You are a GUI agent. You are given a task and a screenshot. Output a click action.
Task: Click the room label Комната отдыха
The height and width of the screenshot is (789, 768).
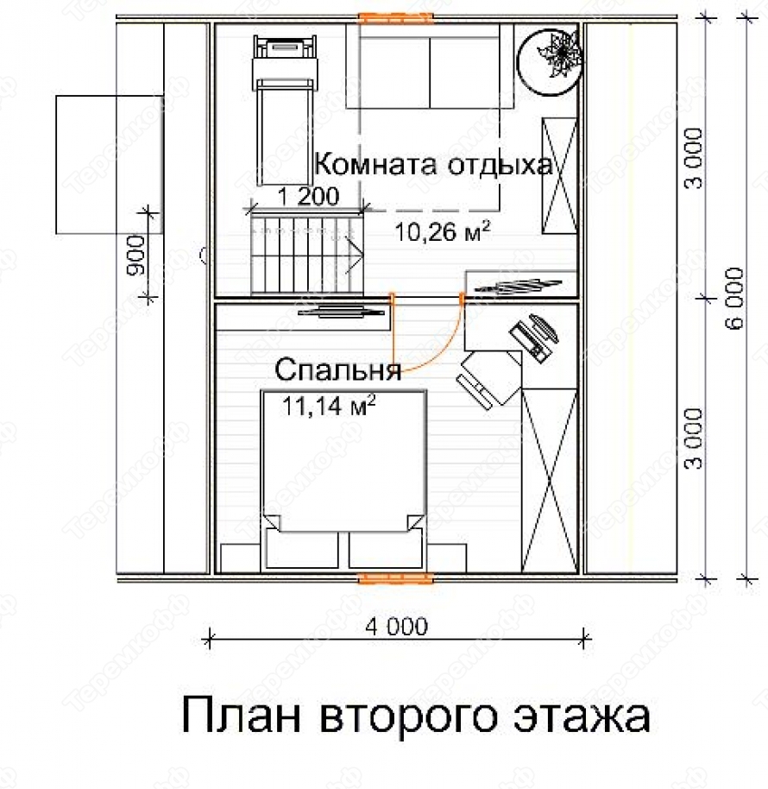(433, 165)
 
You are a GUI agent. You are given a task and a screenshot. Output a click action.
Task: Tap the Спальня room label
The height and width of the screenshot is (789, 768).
(338, 369)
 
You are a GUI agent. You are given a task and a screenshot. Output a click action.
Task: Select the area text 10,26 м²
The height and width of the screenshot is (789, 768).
(442, 232)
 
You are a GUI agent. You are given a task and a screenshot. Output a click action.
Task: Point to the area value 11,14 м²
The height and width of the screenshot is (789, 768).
(329, 405)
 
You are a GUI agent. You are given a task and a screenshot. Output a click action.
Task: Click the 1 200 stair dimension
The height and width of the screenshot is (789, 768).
(308, 196)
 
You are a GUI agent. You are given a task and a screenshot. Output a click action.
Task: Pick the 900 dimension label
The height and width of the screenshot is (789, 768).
(135, 256)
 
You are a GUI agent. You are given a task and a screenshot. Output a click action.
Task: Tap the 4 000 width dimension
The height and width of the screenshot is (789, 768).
(397, 627)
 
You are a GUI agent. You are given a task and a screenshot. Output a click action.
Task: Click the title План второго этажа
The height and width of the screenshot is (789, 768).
(416, 715)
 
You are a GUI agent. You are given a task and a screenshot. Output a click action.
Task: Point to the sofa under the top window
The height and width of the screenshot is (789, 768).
(430, 66)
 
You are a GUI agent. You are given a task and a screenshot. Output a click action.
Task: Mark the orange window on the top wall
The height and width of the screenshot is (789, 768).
(395, 18)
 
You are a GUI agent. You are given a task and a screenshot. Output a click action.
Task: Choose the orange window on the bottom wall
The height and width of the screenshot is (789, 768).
(395, 578)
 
